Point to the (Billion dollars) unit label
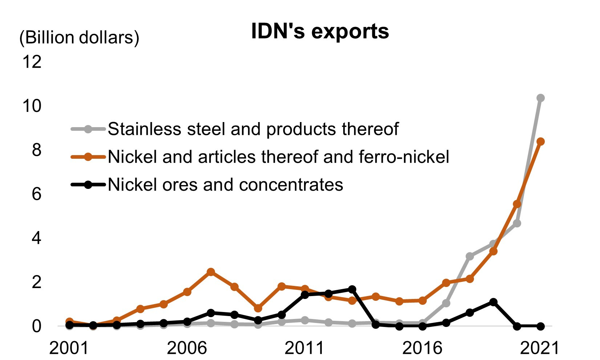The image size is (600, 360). tap(79, 38)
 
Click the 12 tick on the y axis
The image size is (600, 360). tap(32, 62)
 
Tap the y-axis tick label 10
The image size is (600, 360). tap(32, 106)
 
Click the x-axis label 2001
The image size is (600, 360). tap(69, 348)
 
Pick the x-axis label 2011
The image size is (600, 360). tap(304, 348)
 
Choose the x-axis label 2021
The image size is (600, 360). tap(540, 348)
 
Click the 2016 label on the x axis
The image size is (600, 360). tap(422, 348)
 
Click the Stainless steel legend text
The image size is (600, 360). tap(253, 129)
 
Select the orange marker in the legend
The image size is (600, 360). tap(88, 157)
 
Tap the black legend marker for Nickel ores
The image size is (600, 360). tap(88, 185)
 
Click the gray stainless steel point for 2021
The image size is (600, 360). tap(540, 98)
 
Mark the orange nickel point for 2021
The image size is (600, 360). tap(540, 142)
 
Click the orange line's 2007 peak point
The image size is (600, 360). tap(211, 272)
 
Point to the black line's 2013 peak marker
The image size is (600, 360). tap(352, 289)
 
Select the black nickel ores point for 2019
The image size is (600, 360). tap(493, 302)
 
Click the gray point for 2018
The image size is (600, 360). tap(470, 256)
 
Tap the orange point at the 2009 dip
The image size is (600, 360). tap(258, 308)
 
